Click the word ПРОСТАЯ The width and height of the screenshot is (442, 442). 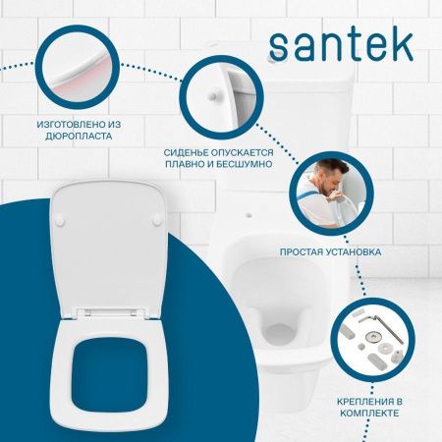(307, 251)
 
